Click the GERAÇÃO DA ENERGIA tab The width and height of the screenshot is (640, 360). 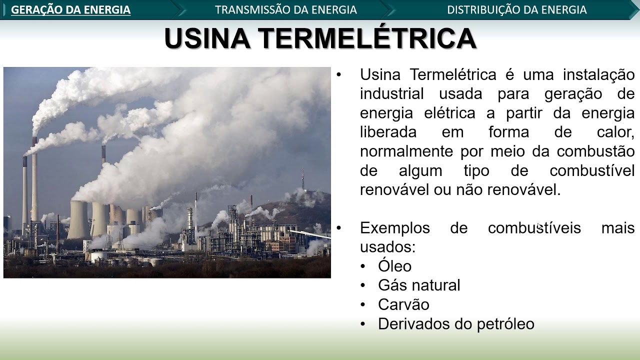click(70, 10)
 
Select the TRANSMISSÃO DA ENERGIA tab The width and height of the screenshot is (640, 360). click(285, 10)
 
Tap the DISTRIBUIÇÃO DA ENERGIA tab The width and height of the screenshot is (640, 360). click(516, 10)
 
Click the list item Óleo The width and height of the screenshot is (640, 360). click(394, 266)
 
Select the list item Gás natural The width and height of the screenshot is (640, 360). click(418, 285)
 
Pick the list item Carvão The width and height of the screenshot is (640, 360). click(403, 304)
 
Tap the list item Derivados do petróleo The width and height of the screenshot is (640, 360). click(455, 324)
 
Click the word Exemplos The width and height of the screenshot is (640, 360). click(394, 228)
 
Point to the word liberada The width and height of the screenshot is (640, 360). click(388, 132)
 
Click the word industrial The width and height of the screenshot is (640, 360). click(391, 94)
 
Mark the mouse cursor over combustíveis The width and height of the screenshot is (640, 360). click(539, 227)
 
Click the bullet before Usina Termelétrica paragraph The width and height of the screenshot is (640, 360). click(339, 75)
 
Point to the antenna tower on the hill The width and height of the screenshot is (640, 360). click(302, 180)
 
